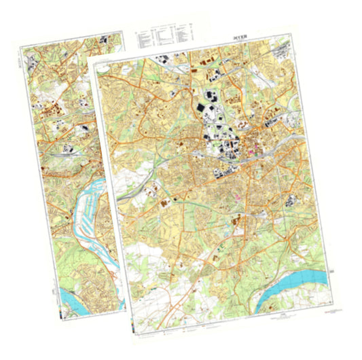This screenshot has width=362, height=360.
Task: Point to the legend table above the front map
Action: [164, 38]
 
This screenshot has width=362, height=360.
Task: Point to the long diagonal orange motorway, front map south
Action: [204, 265]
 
